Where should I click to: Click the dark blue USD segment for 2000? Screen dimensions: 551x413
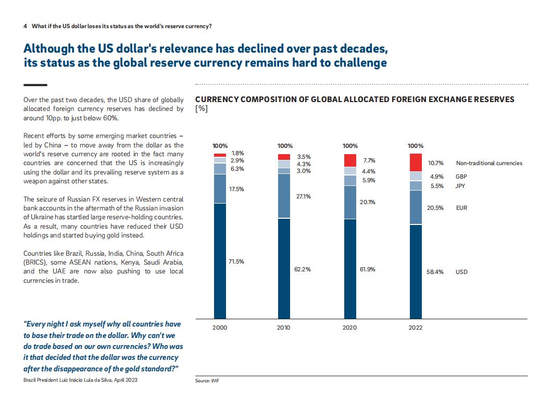(220, 261)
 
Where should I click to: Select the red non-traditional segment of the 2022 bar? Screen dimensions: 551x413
(416, 162)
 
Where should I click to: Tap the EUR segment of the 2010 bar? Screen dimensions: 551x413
(284, 196)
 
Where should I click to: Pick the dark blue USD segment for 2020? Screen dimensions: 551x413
(350, 269)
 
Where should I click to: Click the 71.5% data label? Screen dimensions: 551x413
(236, 261)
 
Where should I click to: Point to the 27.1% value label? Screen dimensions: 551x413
(303, 196)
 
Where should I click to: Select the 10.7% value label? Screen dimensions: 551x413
(435, 163)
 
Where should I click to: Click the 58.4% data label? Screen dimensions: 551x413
(435, 272)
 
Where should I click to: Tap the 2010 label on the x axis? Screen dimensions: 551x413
(284, 328)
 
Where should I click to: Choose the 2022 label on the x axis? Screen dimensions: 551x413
(416, 328)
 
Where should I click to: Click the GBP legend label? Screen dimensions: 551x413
(461, 177)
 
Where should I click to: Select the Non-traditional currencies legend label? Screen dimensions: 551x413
(489, 163)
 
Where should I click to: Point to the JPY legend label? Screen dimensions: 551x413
(460, 186)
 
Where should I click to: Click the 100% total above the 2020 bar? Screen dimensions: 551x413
(350, 146)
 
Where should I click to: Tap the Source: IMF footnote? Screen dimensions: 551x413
(207, 381)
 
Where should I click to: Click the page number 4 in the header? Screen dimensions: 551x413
(26, 27)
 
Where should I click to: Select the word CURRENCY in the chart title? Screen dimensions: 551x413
(217, 99)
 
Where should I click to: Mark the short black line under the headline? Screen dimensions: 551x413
(35, 85)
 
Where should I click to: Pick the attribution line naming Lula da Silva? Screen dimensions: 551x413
(81, 380)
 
